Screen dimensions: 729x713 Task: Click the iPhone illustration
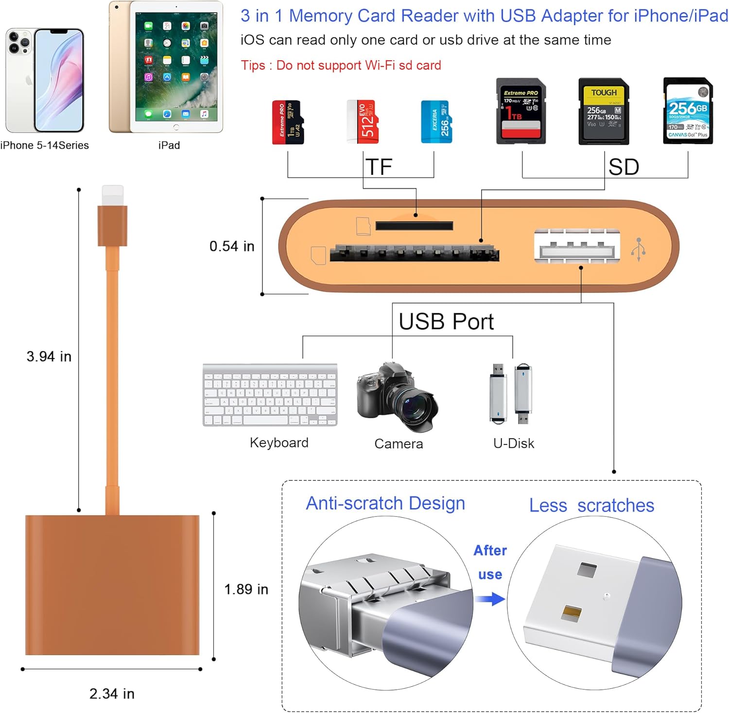point(45,80)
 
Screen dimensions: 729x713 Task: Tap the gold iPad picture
point(166,67)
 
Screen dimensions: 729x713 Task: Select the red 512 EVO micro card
point(363,121)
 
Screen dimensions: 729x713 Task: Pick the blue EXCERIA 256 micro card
point(436,121)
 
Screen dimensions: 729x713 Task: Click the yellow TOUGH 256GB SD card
point(604,111)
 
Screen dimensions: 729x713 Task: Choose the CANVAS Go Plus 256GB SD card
point(688,111)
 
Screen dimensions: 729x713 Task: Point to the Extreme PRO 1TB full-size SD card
point(521,111)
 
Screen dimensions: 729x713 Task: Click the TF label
point(379,167)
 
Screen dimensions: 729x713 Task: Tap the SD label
point(624,167)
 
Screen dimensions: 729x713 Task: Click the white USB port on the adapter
point(577,247)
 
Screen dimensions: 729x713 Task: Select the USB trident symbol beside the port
point(639,249)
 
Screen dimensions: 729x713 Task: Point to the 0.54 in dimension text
point(232,246)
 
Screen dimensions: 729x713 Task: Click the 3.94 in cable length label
point(49,356)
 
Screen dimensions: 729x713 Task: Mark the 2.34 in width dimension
point(112,694)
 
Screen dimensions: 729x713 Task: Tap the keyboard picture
point(270,395)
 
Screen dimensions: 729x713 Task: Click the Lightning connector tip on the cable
point(112,195)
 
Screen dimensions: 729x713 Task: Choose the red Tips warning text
point(341,65)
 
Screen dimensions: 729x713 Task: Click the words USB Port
point(446,322)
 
